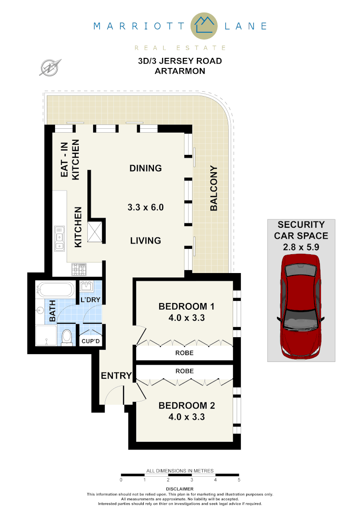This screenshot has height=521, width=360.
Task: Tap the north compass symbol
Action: click(50, 67)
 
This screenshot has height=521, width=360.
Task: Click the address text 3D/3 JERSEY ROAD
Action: click(180, 61)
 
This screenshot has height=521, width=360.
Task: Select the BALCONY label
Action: click(214, 189)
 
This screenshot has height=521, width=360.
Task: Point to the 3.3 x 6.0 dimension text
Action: click(146, 208)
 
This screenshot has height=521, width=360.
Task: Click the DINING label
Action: click(145, 168)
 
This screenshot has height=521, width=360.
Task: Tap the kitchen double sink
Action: click(60, 239)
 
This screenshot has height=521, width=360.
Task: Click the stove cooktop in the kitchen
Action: click(79, 269)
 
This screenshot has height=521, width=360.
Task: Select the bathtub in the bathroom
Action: click(56, 290)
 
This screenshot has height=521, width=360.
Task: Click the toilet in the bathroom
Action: click(68, 336)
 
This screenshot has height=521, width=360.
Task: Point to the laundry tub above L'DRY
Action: click(87, 287)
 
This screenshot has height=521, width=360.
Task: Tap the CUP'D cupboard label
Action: click(90, 342)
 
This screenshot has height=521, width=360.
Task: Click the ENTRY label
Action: click(116, 376)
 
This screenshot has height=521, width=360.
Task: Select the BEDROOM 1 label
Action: click(186, 306)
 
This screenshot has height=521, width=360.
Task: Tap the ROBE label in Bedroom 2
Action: click(185, 371)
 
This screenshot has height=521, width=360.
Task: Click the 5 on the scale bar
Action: click(238, 480)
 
